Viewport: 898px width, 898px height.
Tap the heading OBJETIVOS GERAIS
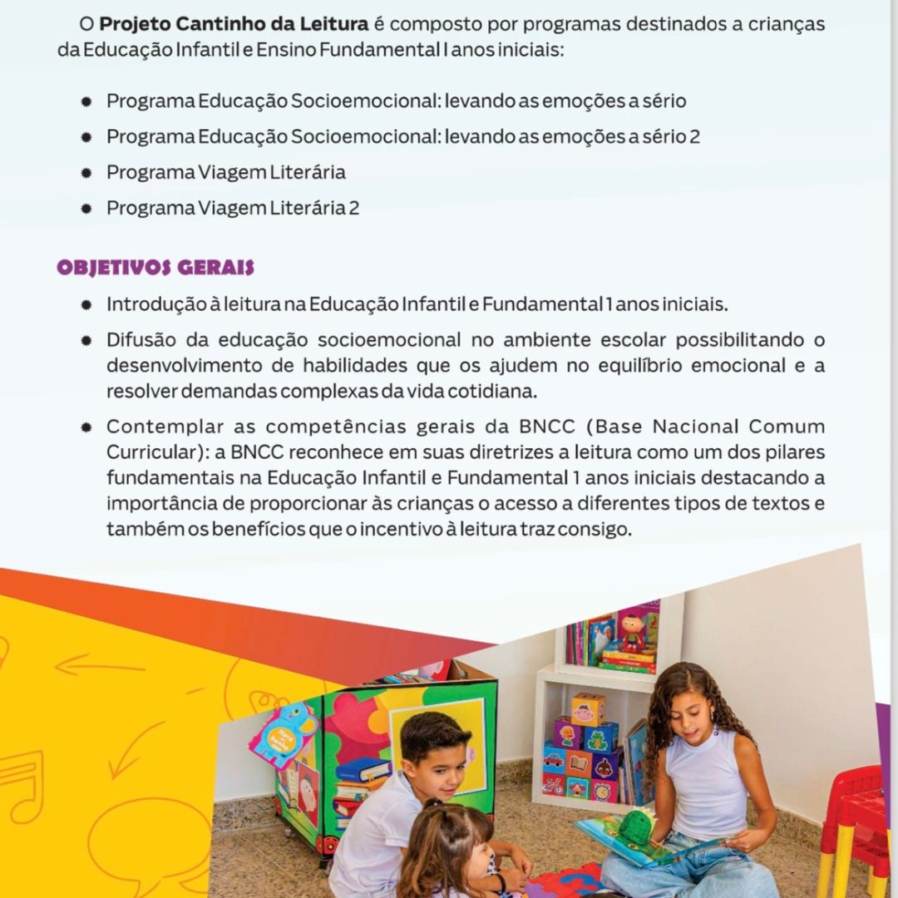[x=155, y=268]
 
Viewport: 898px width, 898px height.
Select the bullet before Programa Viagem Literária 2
[x=86, y=209]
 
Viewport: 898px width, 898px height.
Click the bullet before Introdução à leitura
[x=86, y=305]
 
